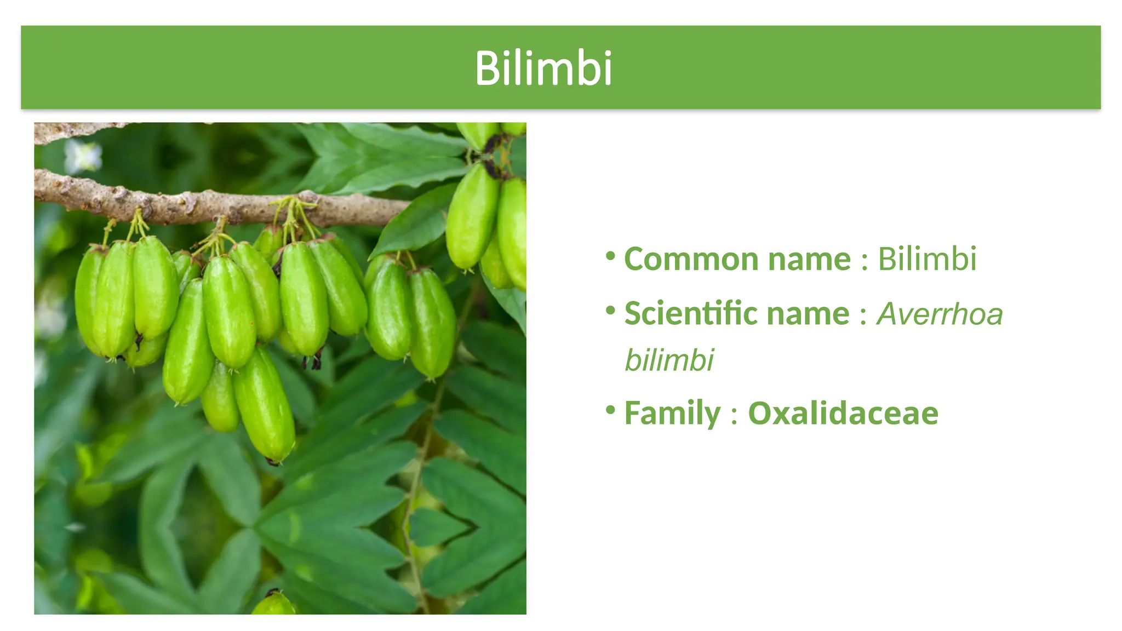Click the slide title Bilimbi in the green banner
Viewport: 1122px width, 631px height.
(543, 68)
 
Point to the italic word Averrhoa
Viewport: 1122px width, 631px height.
(940, 314)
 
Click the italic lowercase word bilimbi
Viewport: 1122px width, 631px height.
(669, 360)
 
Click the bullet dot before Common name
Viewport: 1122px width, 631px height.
(611, 256)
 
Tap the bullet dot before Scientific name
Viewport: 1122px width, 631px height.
(611, 311)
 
